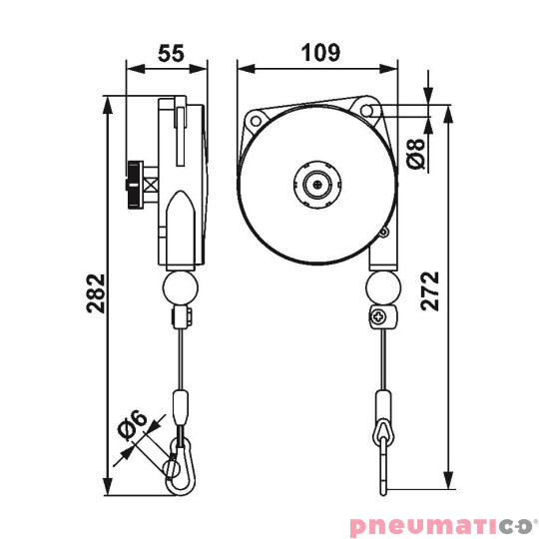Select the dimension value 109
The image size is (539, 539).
pos(318,52)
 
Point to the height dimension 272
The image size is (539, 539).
pos(429,289)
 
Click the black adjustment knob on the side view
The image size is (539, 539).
pos(133,183)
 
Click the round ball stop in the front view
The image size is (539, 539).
pos(381,290)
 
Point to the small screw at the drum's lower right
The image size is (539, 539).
pos(381,234)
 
